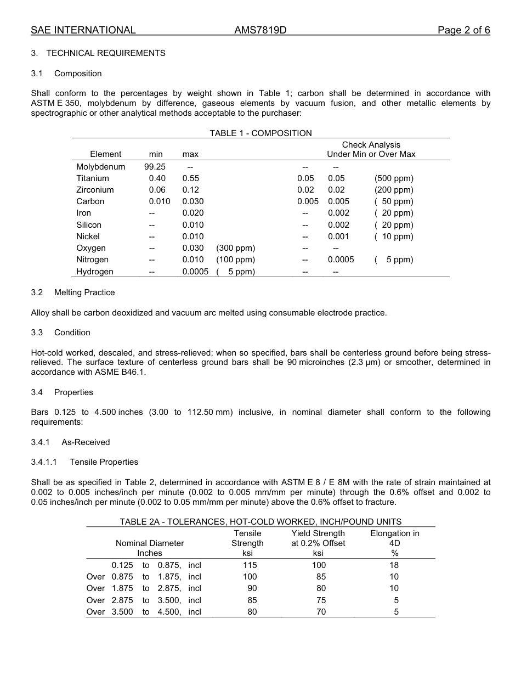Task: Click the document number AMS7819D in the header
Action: point(260,30)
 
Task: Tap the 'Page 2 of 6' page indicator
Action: point(463,30)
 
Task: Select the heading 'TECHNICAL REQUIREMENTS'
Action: point(106,53)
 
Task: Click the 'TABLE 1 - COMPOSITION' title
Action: point(260,133)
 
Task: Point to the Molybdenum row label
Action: point(100,167)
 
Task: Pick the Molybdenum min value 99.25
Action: point(155,167)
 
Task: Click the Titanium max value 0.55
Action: point(191,178)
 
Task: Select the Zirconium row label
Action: point(95,190)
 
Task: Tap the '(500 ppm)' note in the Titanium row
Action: point(394,178)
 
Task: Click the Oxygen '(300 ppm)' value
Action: point(235,248)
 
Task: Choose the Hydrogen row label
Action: point(95,272)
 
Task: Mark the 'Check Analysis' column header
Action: point(371,145)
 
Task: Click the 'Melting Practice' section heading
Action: point(84,292)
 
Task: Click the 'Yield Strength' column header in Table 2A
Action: point(318,533)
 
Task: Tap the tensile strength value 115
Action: point(250,565)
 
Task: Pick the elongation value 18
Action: point(394,565)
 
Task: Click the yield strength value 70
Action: point(321,612)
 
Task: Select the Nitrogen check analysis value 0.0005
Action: point(341,260)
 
